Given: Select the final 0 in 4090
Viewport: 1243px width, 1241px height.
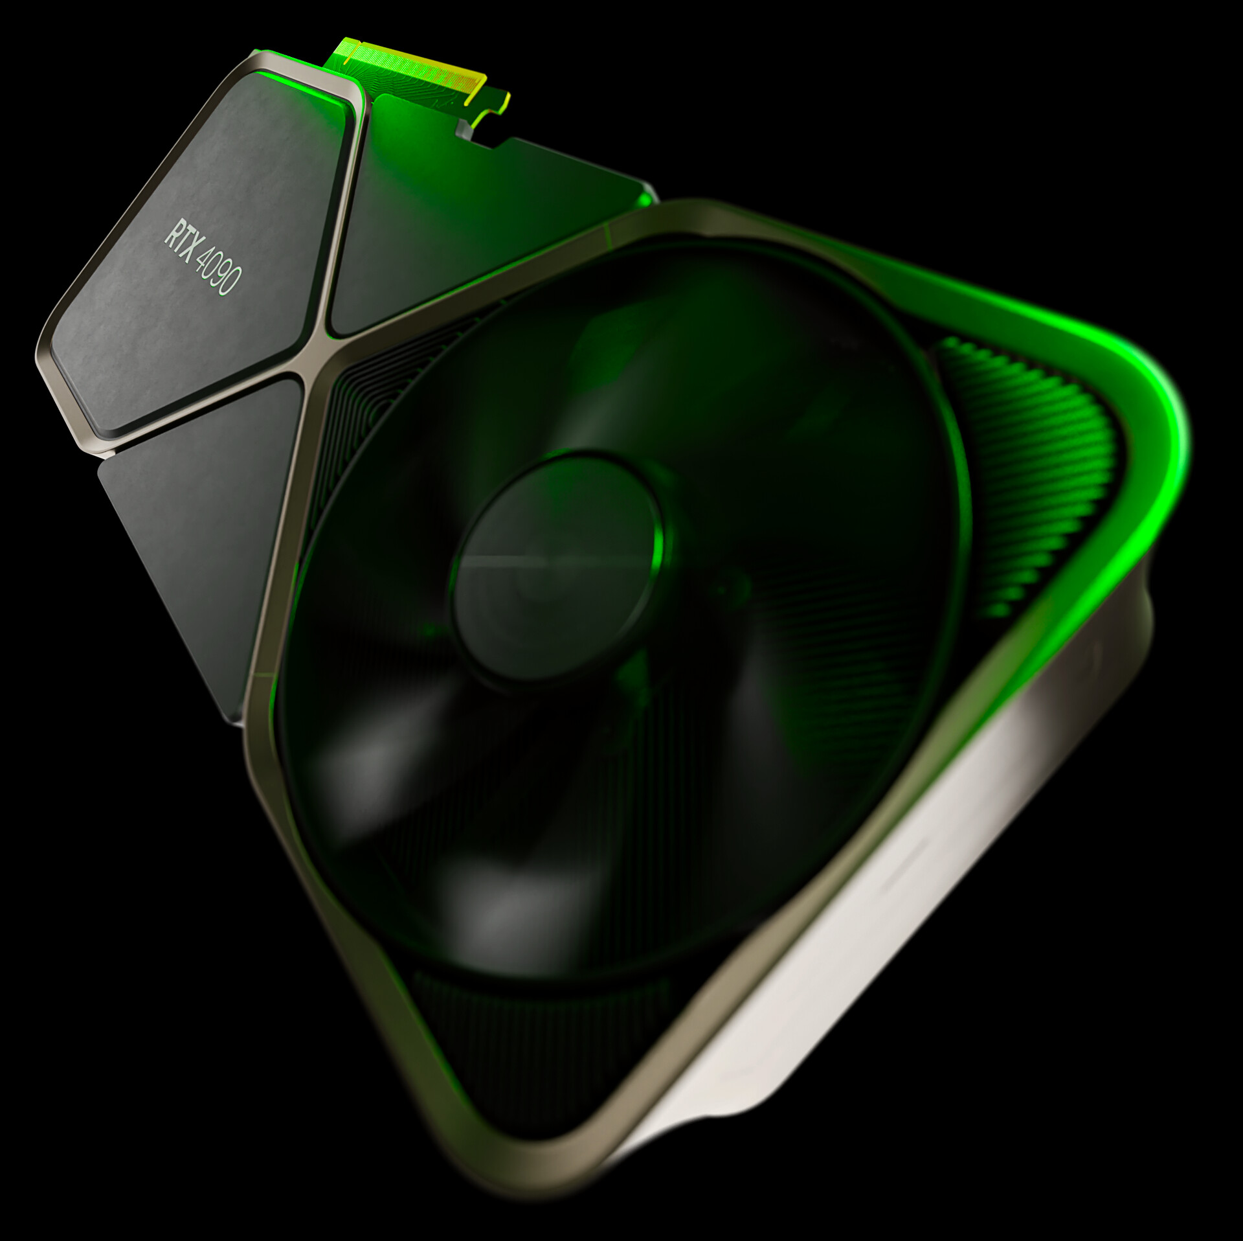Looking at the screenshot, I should (x=232, y=284).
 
